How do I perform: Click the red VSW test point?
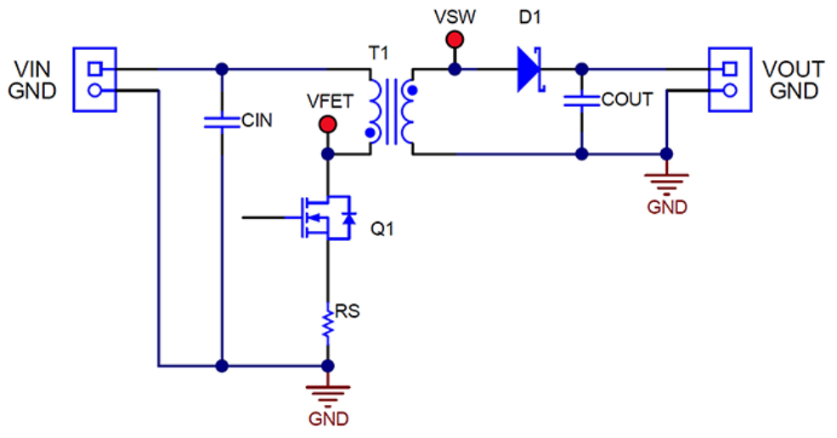(x=455, y=40)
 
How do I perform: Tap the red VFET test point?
(x=326, y=126)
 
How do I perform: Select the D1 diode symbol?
(x=529, y=68)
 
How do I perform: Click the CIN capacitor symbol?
(x=222, y=122)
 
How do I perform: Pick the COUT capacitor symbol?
(x=582, y=101)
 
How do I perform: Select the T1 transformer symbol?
(x=391, y=111)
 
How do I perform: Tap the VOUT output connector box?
(x=728, y=79)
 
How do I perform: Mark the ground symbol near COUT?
(x=666, y=182)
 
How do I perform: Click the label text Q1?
(x=382, y=229)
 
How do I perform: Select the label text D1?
(x=529, y=16)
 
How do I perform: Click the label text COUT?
(x=626, y=100)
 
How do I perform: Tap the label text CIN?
(x=257, y=121)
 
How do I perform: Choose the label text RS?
(x=348, y=311)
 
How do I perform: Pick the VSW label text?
(x=455, y=16)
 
